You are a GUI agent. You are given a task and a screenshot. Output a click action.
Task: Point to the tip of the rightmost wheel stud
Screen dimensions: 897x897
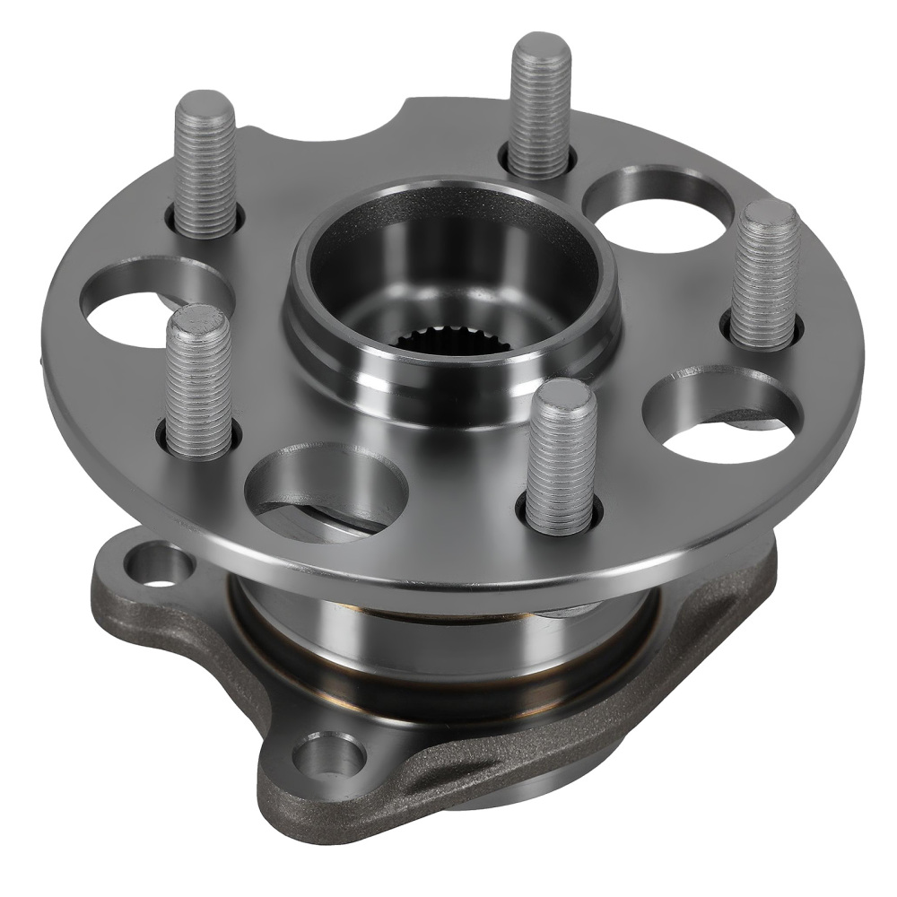[x=771, y=215]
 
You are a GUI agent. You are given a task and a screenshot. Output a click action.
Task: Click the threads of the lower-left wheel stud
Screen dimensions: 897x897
[x=198, y=386]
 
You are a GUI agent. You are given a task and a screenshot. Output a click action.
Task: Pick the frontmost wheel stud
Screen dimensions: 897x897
[x=561, y=457]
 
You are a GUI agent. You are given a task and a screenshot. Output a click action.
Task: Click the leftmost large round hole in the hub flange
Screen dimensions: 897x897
[x=144, y=305]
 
